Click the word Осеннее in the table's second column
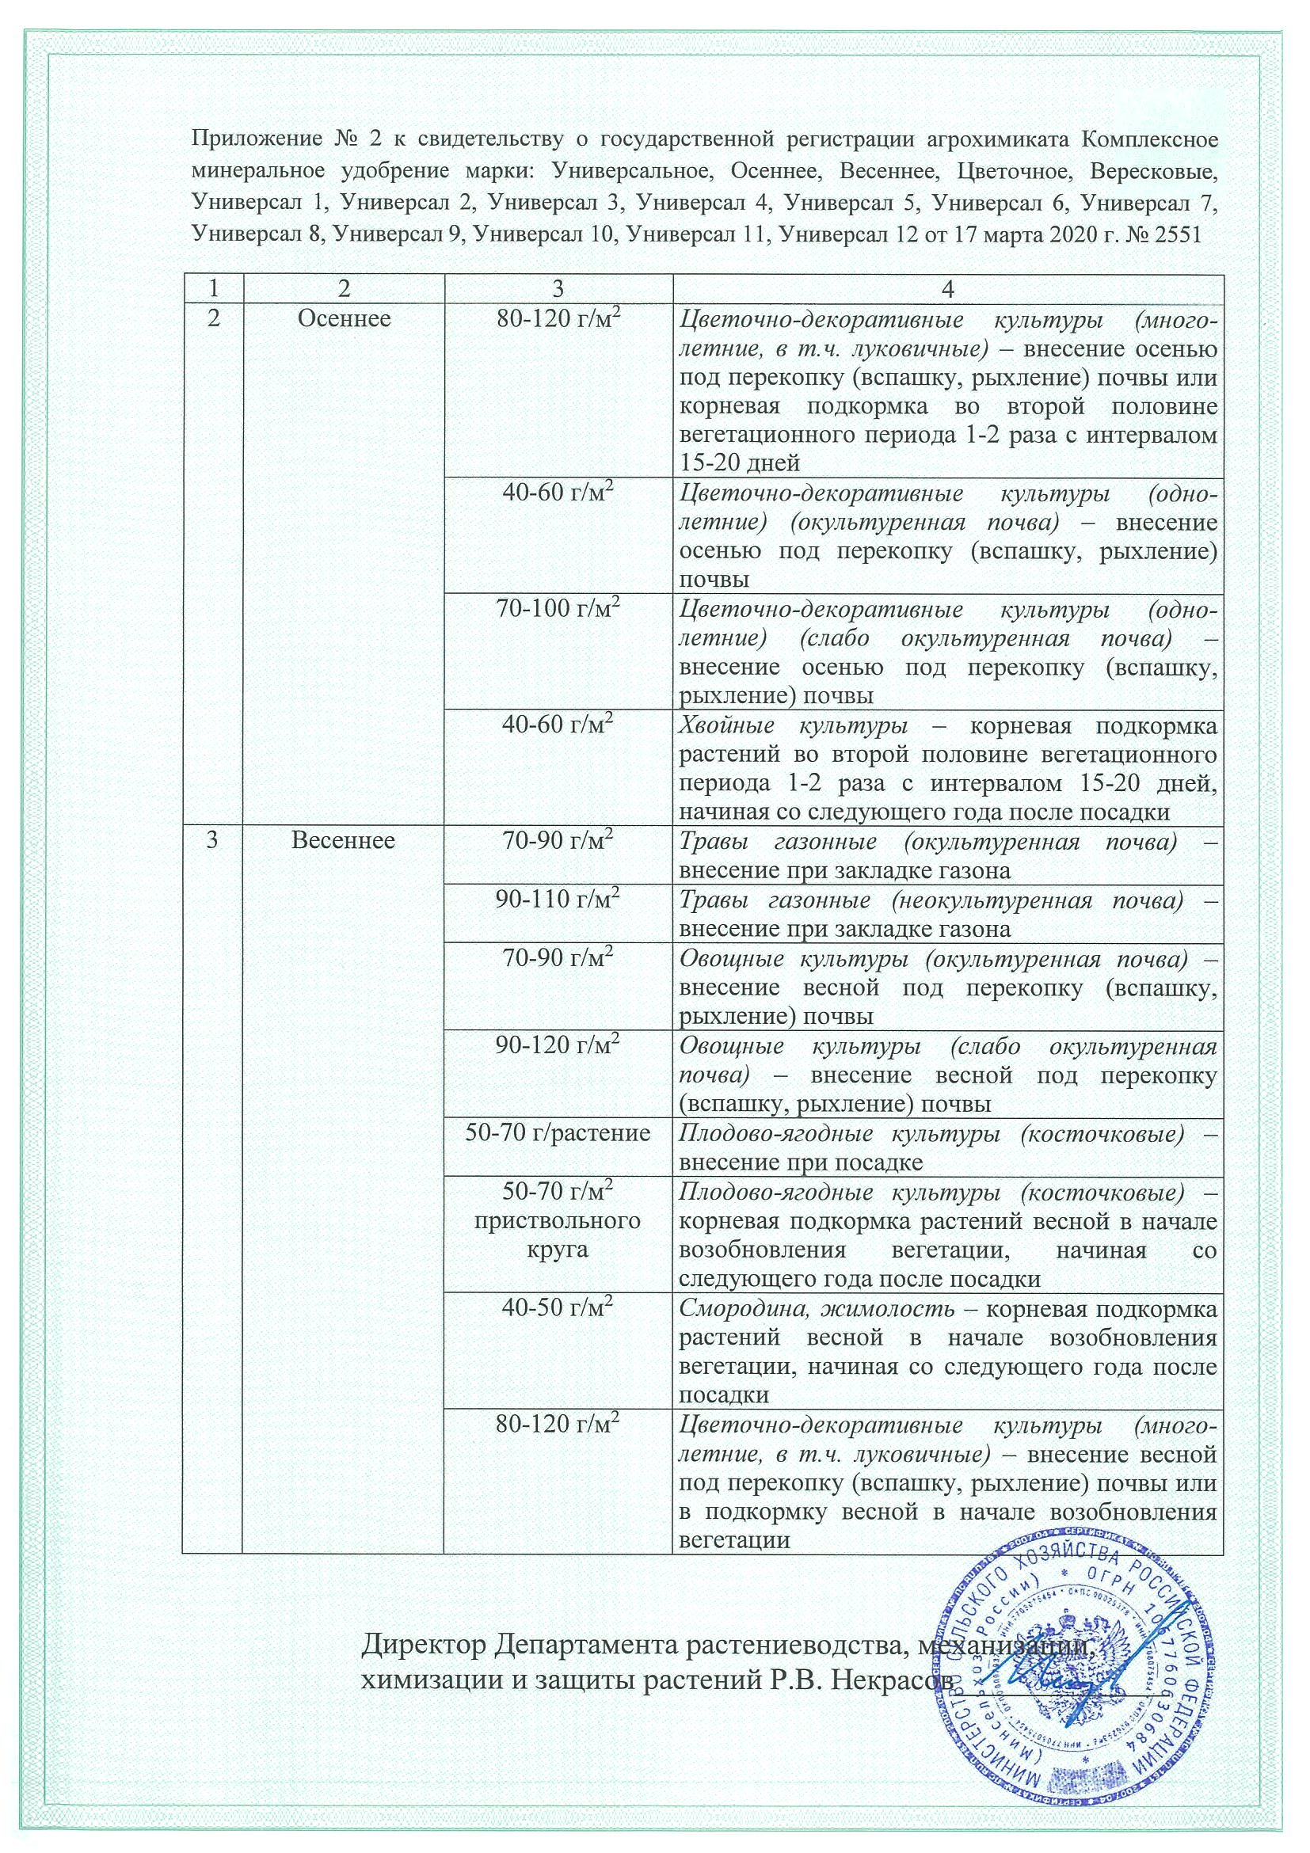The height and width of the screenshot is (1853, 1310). click(344, 319)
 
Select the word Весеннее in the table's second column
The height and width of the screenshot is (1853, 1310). click(343, 841)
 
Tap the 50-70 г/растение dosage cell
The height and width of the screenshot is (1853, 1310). click(558, 1133)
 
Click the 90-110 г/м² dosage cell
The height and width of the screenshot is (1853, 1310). click(558, 900)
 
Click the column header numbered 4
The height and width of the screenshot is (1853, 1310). click(947, 289)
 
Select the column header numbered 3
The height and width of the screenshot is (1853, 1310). click(558, 289)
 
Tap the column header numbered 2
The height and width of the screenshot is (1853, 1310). click(344, 289)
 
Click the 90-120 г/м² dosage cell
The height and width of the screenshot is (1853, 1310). click(558, 1046)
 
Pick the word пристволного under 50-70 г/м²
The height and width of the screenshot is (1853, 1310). click(558, 1219)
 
